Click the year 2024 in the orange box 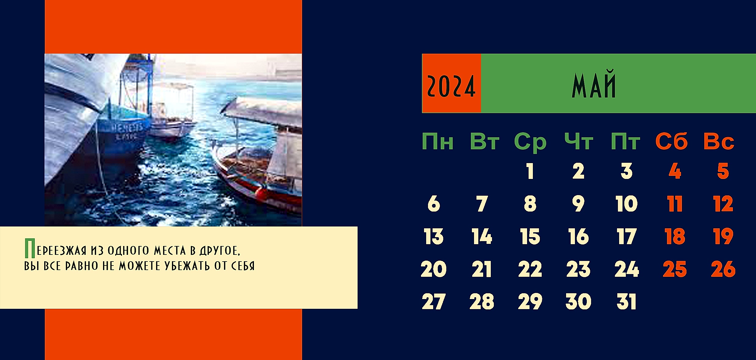point(451,86)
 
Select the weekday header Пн point(437,141)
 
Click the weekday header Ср point(530,142)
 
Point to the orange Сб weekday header point(672,141)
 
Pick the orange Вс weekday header point(719,141)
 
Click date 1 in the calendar point(530,171)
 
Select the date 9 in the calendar point(578,204)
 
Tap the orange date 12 point(723,204)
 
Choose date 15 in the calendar point(530,236)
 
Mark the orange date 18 point(675,236)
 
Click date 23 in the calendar point(578,269)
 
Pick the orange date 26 point(723,269)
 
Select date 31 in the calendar point(626,301)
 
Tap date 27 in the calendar point(433,301)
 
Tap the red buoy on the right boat point(260,193)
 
